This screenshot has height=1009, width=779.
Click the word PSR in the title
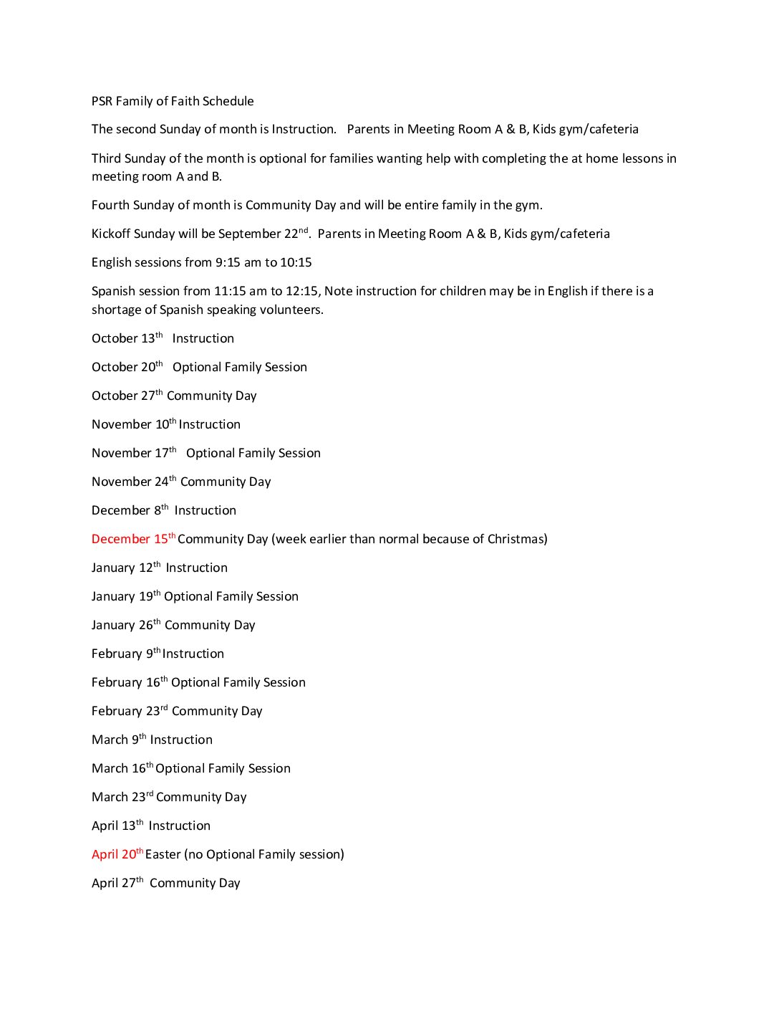102,101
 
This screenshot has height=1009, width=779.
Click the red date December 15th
133,539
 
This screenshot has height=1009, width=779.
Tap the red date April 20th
117,854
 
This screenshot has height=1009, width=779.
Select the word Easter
163,854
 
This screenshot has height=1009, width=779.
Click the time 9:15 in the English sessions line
228,262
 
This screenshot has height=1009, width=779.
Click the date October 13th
127,338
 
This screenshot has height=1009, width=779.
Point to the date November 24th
133,482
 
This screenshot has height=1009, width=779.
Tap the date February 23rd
129,711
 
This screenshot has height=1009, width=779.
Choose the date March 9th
118,740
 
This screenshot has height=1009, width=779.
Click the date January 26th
125,625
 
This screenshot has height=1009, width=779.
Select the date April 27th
117,883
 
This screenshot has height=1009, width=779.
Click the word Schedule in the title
228,101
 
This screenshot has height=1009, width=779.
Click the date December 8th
130,510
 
